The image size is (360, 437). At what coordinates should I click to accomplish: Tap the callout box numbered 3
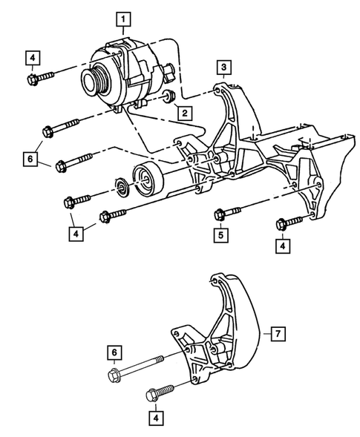223,69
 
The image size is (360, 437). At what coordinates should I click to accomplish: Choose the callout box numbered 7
275,334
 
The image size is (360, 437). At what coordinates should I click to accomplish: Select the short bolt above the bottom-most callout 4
163,391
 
